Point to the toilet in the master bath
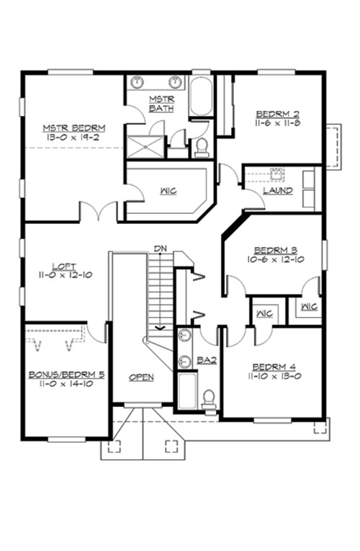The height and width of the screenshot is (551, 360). point(202,147)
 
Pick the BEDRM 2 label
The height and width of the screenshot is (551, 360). point(278,113)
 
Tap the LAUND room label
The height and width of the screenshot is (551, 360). point(277,191)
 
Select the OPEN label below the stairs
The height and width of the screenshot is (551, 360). point(141,377)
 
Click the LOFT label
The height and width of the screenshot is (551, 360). point(64,265)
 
